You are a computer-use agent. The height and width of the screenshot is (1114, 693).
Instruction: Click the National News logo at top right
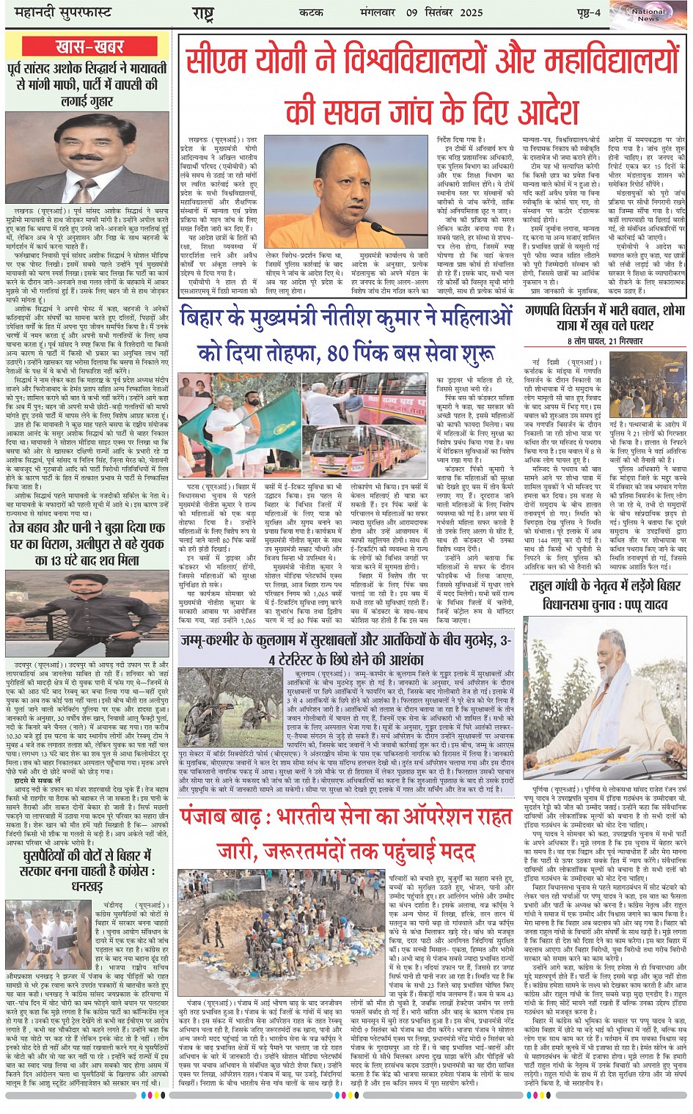[648, 15]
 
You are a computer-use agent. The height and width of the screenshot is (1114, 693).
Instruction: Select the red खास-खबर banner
[89, 48]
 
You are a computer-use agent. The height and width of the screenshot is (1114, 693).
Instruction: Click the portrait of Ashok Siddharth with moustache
[87, 157]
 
